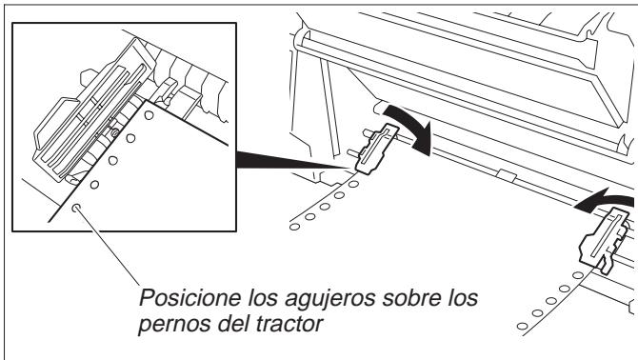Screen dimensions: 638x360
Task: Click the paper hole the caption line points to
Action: coord(76,206)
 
